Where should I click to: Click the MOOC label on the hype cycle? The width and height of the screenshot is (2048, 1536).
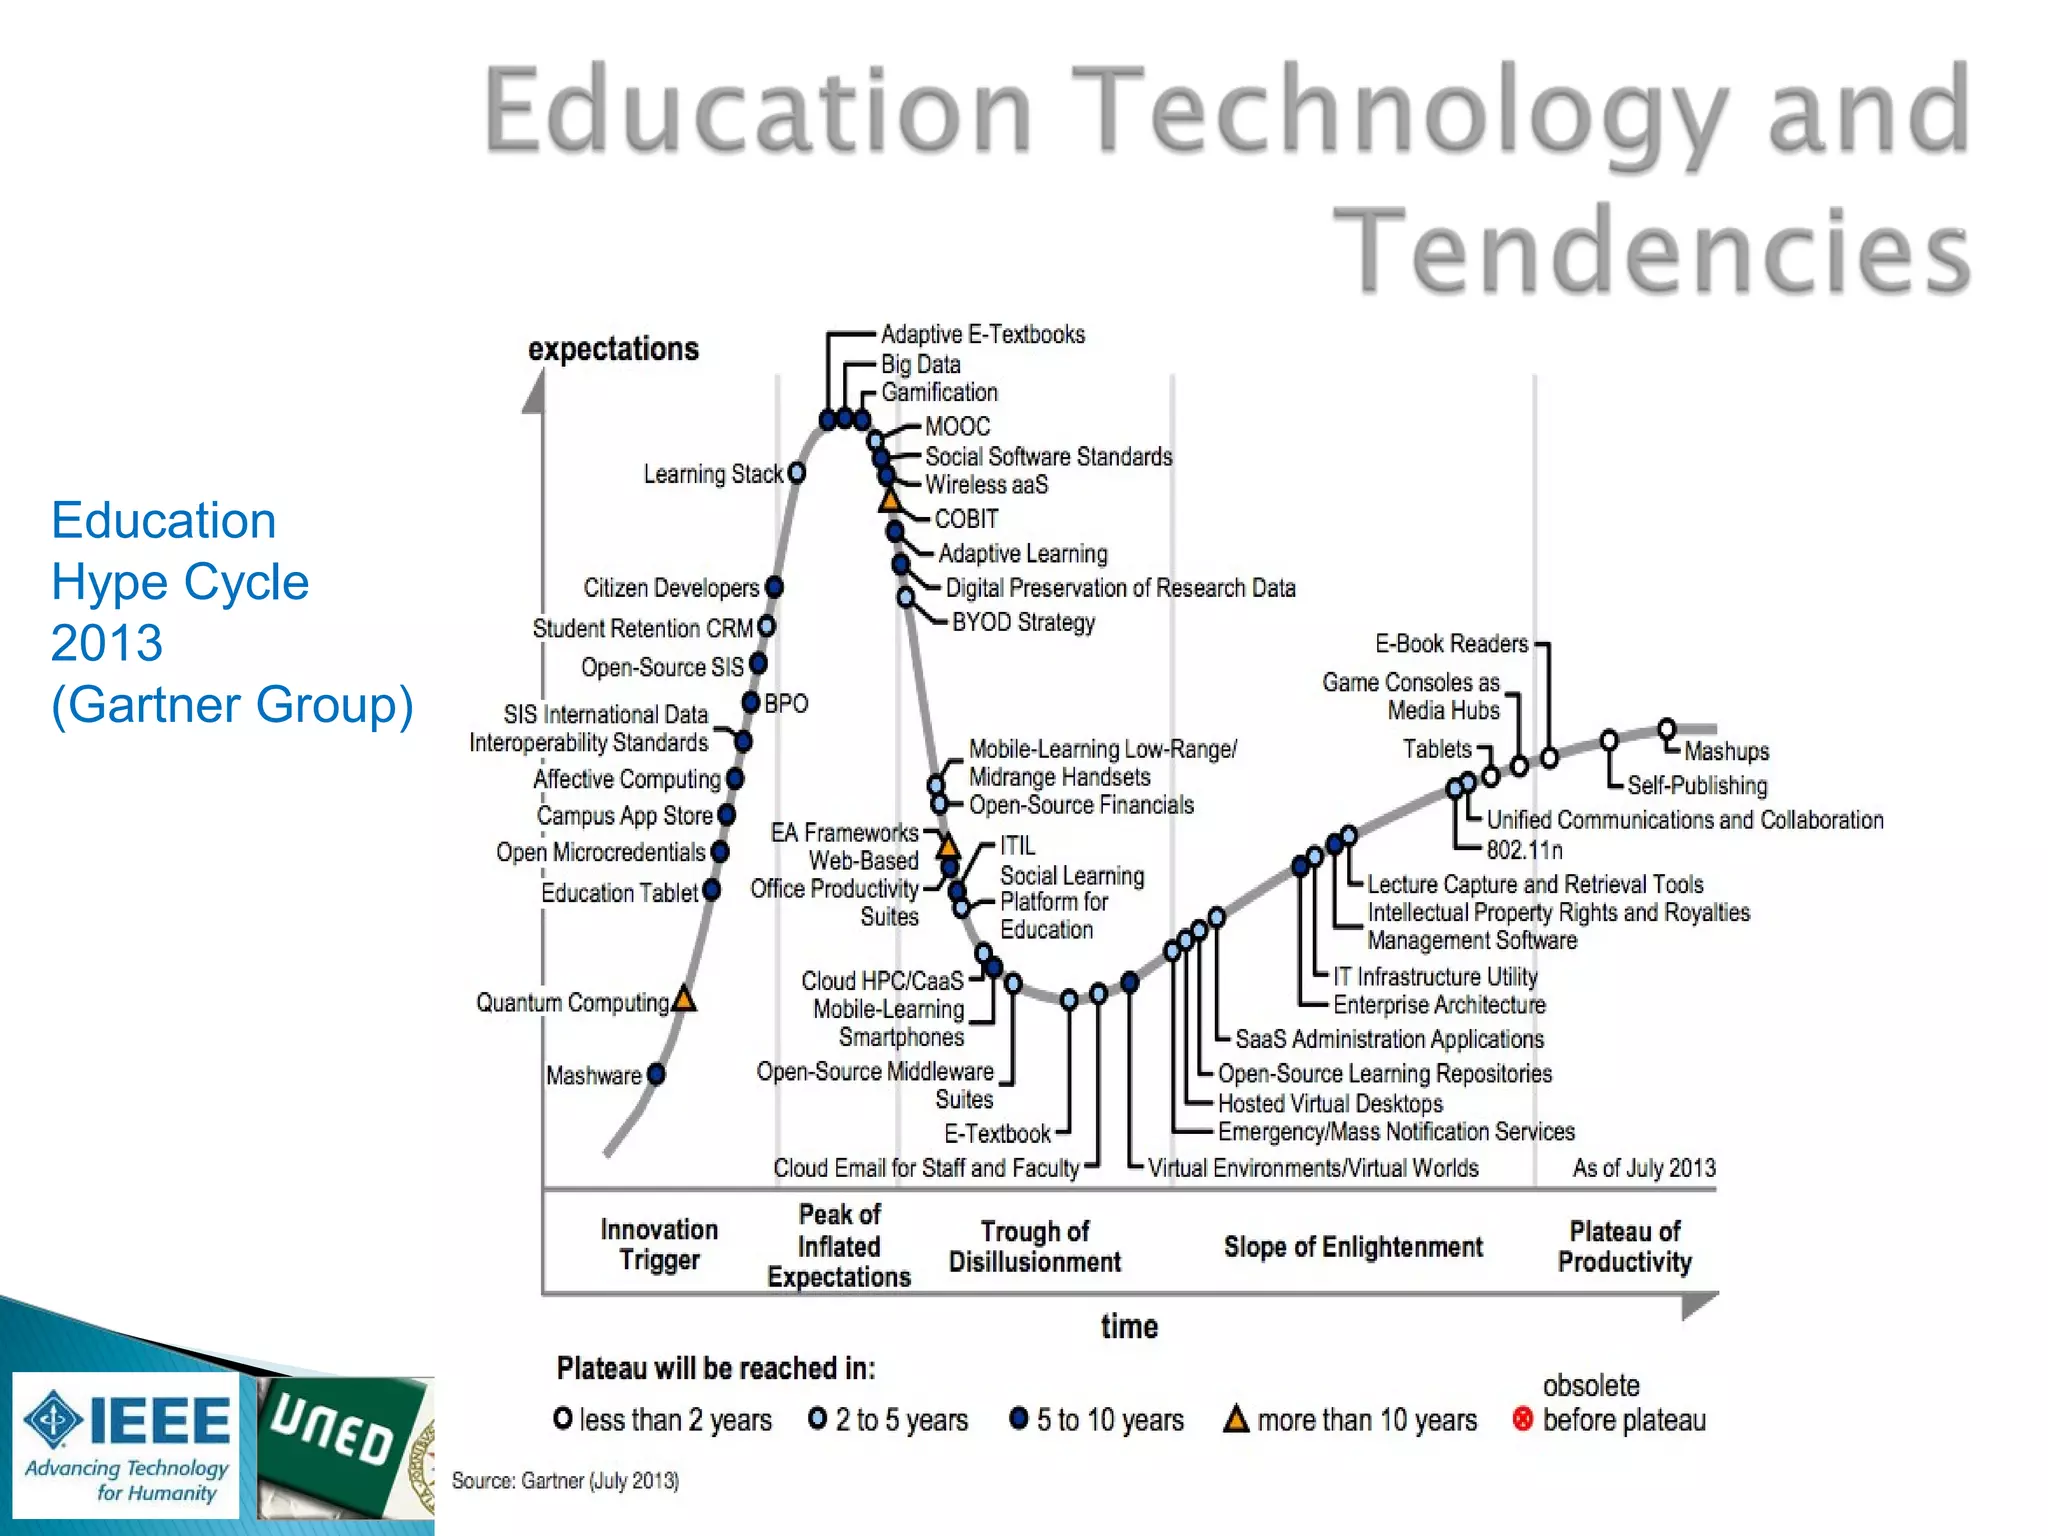pos(957,427)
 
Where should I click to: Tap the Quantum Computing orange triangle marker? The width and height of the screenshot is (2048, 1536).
pos(684,998)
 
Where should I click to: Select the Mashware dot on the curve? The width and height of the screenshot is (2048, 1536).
pos(656,1074)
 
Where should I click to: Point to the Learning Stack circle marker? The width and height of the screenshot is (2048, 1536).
pos(797,473)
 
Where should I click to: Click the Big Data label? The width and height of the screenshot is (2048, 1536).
pos(920,364)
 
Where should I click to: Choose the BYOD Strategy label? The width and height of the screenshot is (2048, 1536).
pos(1023,622)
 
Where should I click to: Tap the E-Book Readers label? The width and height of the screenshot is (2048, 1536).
pos(1451,643)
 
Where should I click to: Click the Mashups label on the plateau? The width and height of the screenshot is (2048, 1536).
pos(1726,751)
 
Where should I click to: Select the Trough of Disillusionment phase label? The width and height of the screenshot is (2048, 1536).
pos(1035,1246)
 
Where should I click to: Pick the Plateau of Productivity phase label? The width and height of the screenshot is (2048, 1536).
pos(1625,1246)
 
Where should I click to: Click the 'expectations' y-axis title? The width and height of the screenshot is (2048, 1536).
pos(613,349)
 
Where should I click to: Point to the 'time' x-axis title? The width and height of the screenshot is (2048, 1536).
pos(1129,1326)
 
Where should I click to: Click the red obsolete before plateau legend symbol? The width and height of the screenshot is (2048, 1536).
pos(1522,1419)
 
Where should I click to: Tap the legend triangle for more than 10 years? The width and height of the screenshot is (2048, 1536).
pos(1236,1419)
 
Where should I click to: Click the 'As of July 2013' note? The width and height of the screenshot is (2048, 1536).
pos(1643,1168)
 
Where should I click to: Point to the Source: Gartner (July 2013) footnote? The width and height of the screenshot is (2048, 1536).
pos(565,1480)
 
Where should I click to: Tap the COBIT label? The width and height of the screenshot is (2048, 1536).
pos(966,519)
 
